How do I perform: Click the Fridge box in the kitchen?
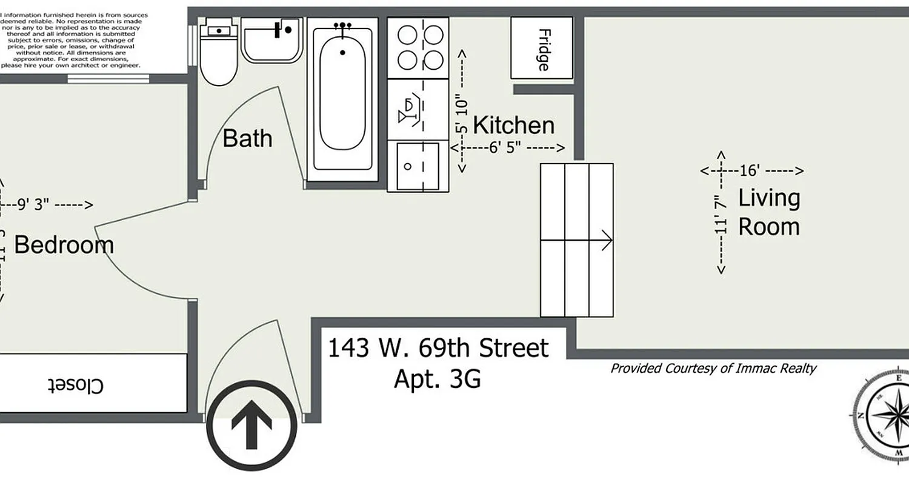[x=542, y=48]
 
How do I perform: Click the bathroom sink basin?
[x=272, y=39]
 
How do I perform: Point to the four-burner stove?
[x=418, y=47]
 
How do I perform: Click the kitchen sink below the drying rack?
[x=418, y=166]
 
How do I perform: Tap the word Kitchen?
[x=513, y=125]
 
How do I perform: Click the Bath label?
[x=247, y=138]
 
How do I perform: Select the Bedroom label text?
[x=64, y=245]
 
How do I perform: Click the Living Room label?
[x=768, y=212]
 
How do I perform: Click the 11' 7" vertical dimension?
[x=719, y=215]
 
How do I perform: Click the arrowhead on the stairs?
[x=607, y=241]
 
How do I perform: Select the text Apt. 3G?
[x=437, y=379]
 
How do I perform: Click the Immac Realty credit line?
[x=713, y=368]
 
